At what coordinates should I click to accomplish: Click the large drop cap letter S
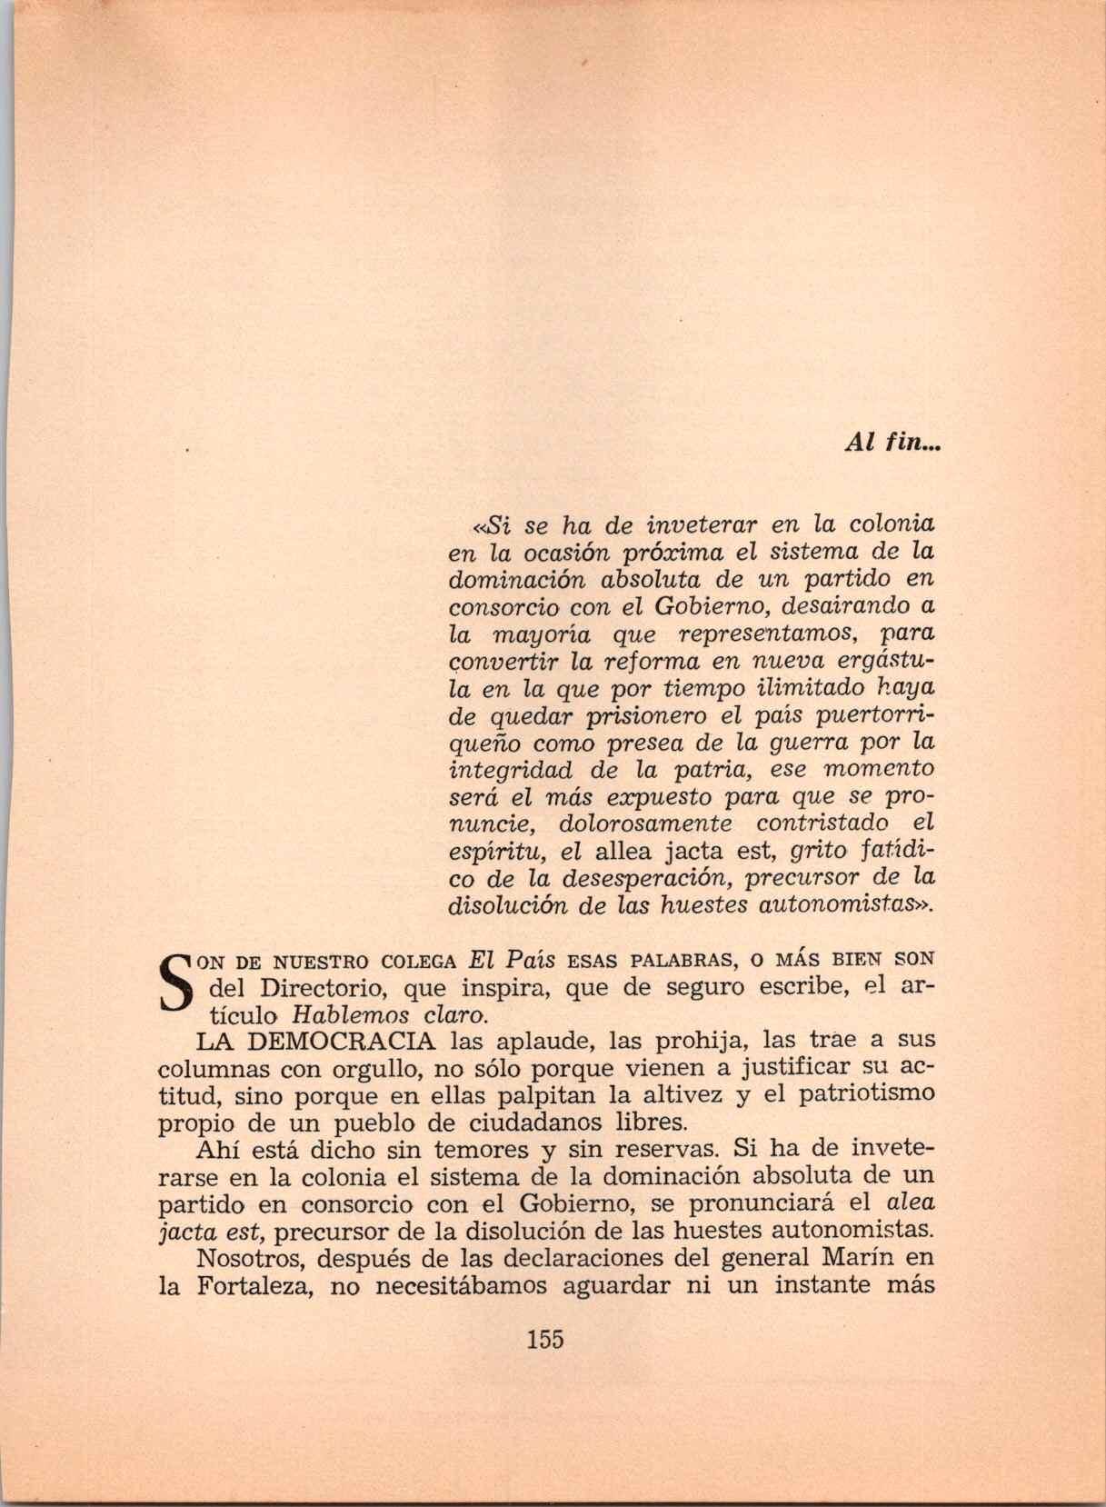pyautogui.click(x=178, y=984)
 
